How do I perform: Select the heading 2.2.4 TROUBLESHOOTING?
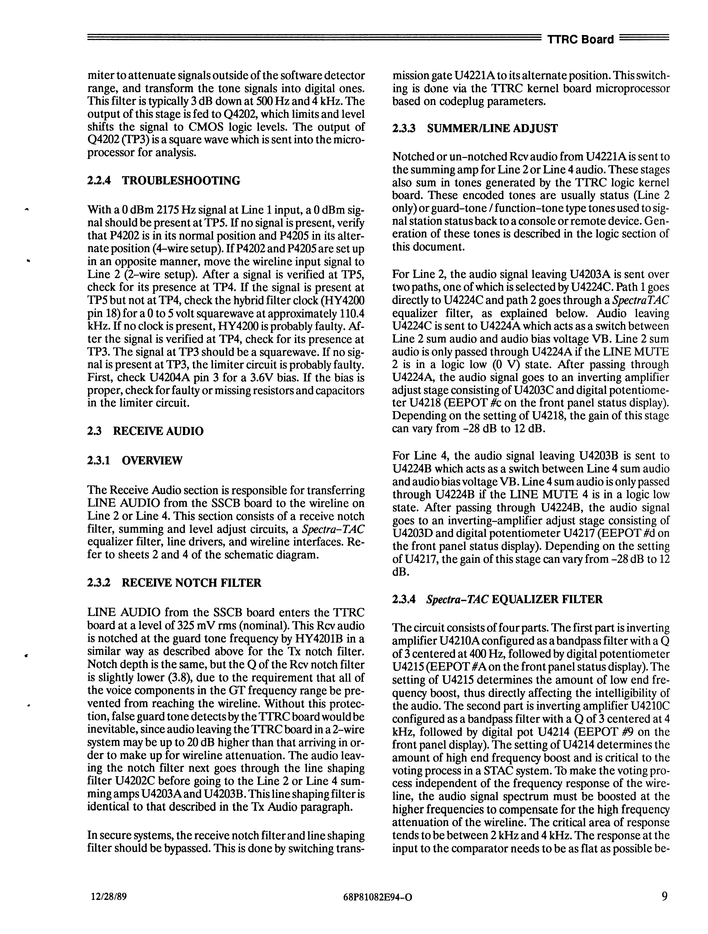(164, 181)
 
